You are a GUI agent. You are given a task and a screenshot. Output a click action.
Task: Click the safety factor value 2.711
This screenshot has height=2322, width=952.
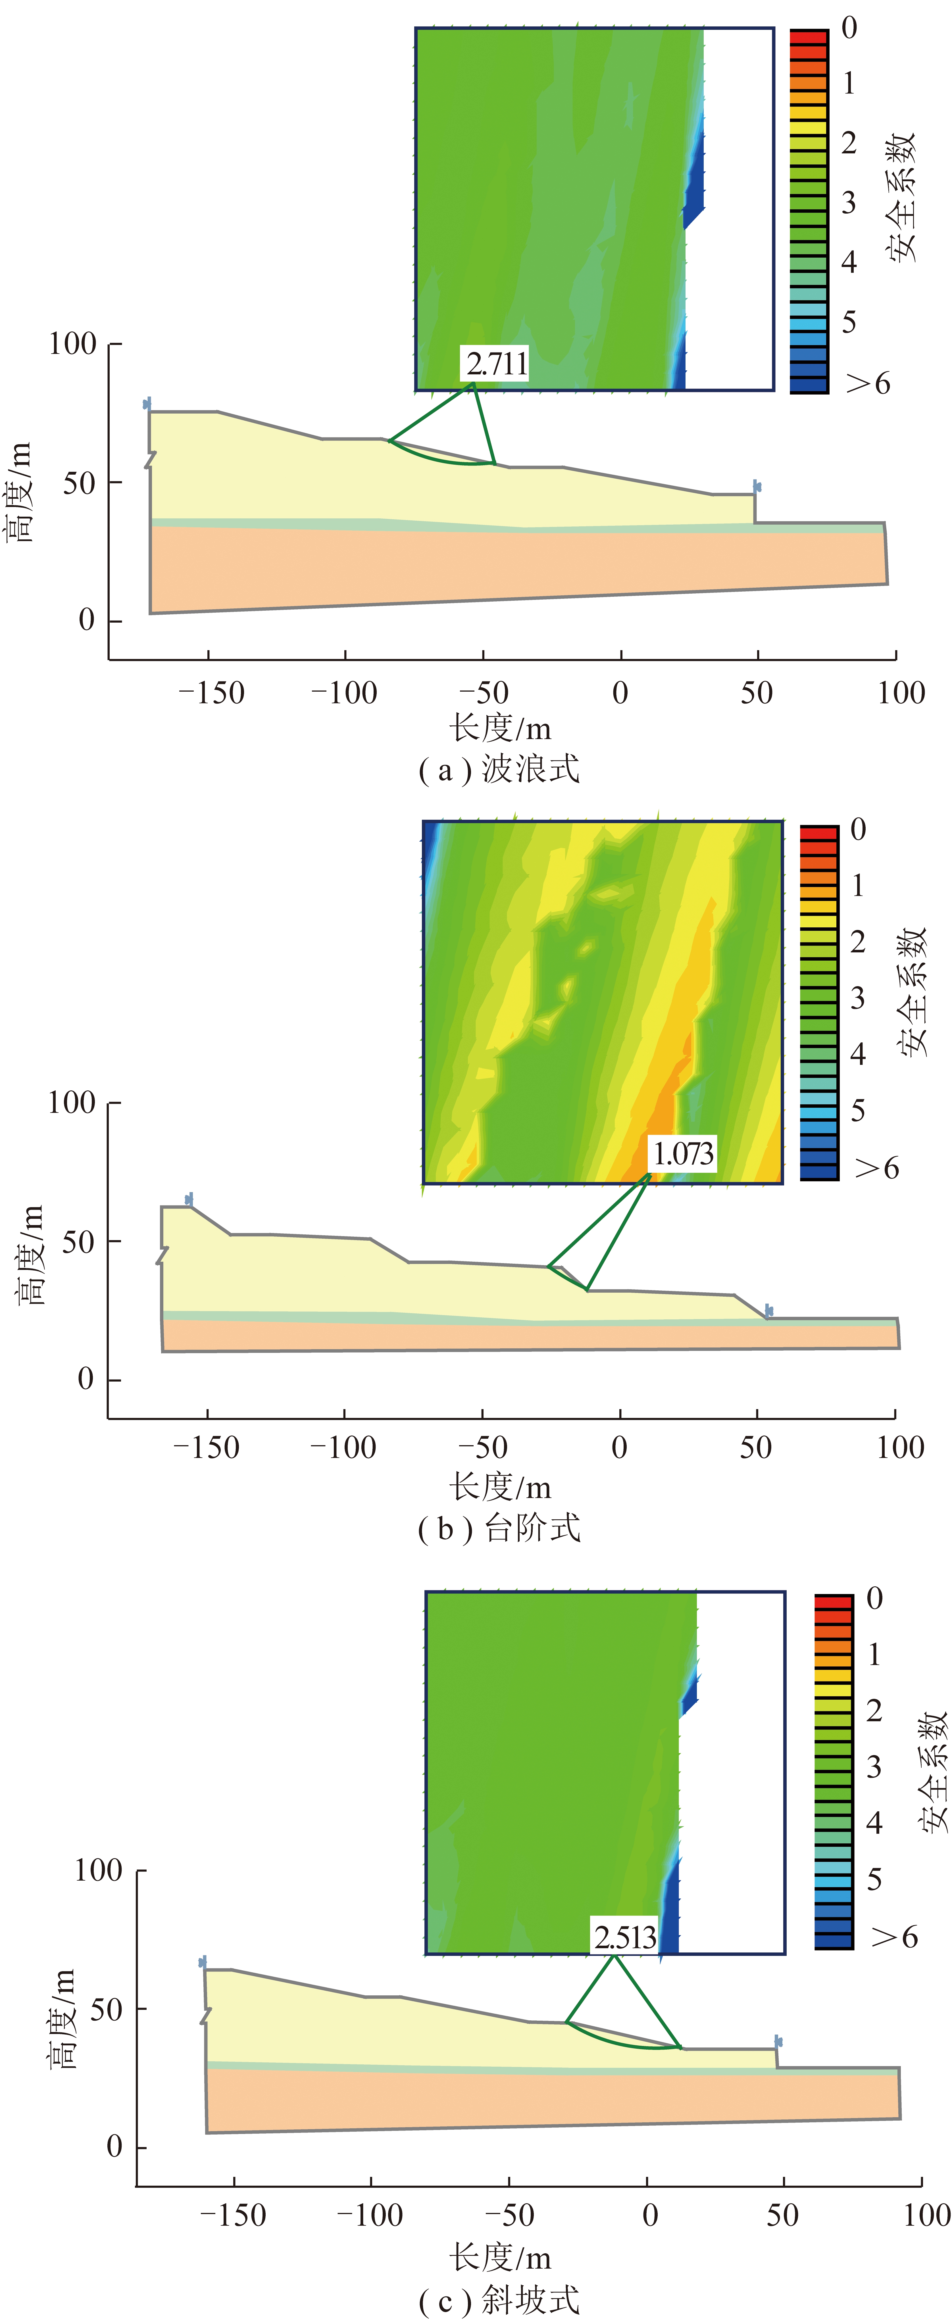[497, 363]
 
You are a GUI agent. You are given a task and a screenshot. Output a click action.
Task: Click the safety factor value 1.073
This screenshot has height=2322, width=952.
[682, 1154]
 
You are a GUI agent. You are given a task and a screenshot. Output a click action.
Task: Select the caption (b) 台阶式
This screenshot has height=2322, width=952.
[499, 1528]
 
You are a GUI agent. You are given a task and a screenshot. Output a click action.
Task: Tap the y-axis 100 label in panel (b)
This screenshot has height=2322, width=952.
[72, 1102]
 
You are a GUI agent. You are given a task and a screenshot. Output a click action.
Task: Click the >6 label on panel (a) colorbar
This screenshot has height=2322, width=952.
[868, 383]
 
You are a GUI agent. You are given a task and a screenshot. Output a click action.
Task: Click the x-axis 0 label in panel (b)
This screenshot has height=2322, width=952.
[619, 1448]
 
